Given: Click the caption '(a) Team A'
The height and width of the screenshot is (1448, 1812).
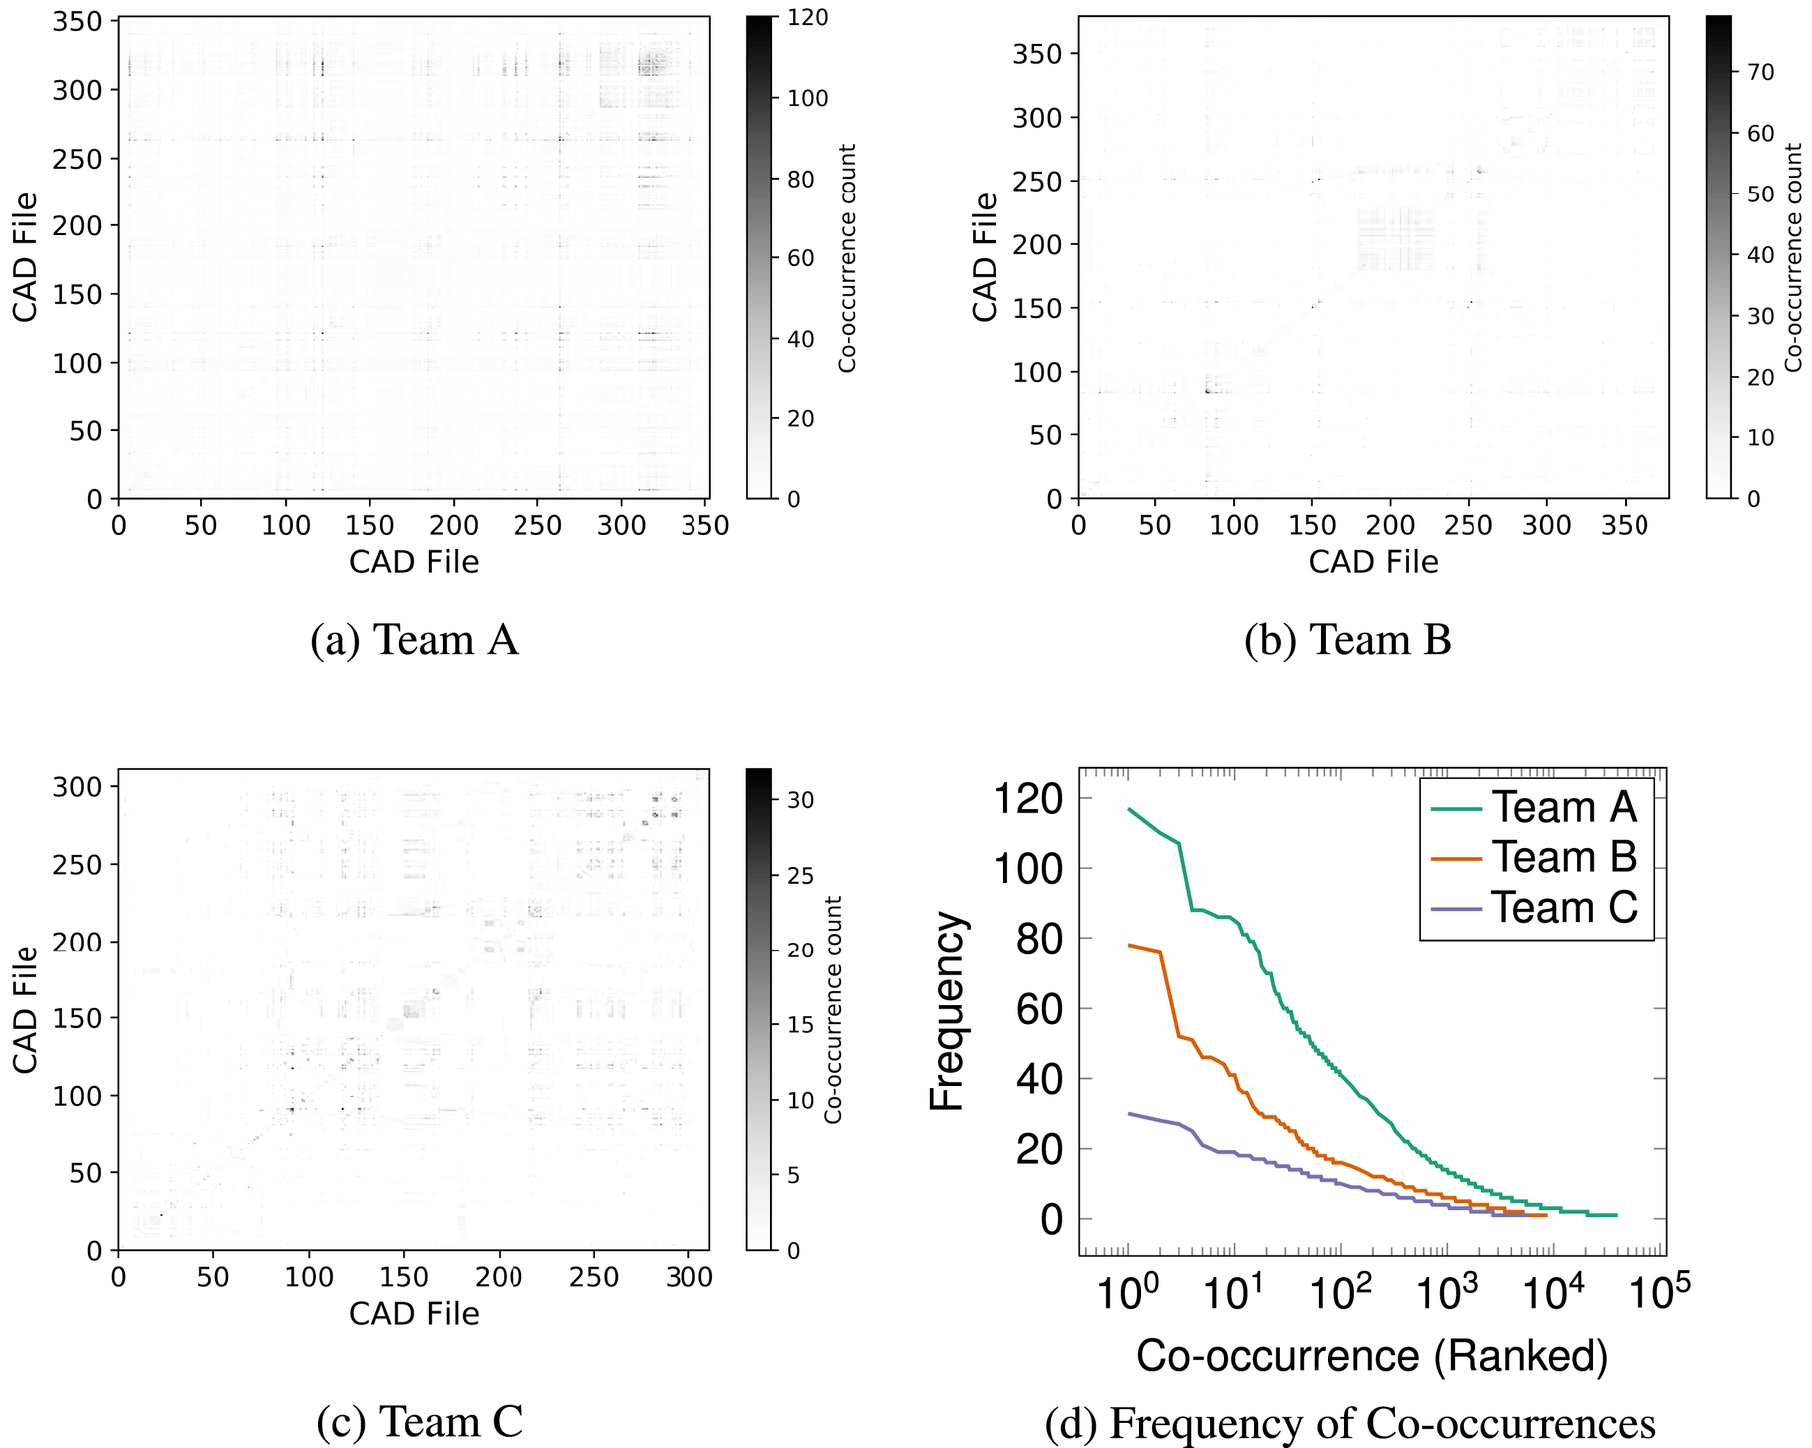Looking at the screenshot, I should pyautogui.click(x=414, y=640).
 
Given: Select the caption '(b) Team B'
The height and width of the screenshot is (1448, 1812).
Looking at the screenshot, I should pyautogui.click(x=1347, y=640).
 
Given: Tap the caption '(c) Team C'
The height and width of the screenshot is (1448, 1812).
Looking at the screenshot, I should pyautogui.click(x=419, y=1422).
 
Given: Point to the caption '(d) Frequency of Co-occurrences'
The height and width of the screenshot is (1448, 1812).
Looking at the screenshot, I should pyautogui.click(x=1350, y=1424).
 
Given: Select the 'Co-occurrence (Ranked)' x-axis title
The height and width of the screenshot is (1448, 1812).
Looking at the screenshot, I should pyautogui.click(x=1372, y=1355).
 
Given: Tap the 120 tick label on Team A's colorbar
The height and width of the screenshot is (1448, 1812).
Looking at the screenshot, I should pyautogui.click(x=808, y=17).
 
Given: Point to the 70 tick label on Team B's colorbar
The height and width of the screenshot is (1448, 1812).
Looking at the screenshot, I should pyautogui.click(x=1760, y=73).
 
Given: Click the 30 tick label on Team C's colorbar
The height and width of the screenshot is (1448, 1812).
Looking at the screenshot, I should pyautogui.click(x=799, y=800).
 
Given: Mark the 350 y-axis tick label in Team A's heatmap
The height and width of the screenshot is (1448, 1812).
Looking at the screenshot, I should pyautogui.click(x=77, y=22).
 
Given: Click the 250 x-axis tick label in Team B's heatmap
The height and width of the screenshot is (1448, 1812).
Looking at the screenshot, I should pyautogui.click(x=1467, y=525).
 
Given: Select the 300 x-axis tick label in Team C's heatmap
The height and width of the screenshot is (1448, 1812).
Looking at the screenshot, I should pyautogui.click(x=689, y=1277).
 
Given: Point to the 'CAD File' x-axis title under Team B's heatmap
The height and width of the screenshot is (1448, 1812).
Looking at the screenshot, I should pyautogui.click(x=1373, y=561).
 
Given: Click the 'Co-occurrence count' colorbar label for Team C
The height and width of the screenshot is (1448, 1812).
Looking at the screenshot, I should pyautogui.click(x=833, y=1010).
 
